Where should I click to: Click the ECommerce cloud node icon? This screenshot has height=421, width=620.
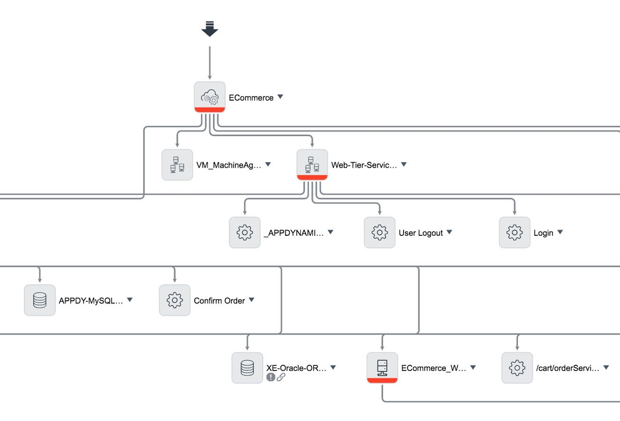pos(209,96)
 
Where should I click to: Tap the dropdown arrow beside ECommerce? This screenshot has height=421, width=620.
pos(280,97)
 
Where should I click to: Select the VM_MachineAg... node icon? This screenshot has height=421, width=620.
pos(177,165)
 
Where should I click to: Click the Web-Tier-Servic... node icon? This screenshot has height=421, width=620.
pos(312,164)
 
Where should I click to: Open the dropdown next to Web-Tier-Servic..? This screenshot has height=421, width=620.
pos(404,165)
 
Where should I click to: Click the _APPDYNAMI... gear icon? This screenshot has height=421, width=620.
pos(244,232)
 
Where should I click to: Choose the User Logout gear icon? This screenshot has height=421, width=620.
pos(380,232)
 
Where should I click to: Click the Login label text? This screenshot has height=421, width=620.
pos(543,233)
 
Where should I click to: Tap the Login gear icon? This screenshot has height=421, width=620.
pos(515,232)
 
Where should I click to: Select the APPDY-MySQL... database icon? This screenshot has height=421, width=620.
pos(40,300)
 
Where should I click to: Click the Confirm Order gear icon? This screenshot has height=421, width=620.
pos(175,300)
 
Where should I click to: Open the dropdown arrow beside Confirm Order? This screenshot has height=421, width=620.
pos(251,300)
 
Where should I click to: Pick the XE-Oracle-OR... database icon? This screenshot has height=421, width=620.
pos(247,367)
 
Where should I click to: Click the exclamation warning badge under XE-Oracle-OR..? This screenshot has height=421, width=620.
pos(271,377)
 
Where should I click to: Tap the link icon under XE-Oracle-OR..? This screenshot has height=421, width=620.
pos(281,377)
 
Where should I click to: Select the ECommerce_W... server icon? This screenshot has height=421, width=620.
pos(382,367)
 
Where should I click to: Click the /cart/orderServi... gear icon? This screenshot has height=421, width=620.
pos(517,367)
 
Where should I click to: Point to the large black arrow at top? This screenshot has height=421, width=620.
pos(210,29)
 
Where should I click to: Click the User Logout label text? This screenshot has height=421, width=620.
pos(421,233)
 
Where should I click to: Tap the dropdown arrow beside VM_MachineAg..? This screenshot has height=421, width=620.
pos(268,165)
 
